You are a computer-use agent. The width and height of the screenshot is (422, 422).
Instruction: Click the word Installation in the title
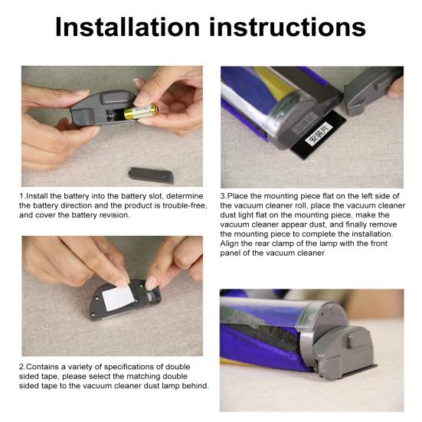pyautogui.click(x=127, y=27)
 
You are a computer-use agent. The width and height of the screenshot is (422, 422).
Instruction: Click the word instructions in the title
pyautogui.click(x=287, y=27)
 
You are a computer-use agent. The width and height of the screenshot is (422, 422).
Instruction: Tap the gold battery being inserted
pyautogui.click(x=141, y=111)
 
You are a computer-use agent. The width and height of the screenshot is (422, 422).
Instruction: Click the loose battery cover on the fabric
pyautogui.click(x=151, y=175)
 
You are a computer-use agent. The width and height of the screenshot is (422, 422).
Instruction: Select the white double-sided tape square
pyautogui.click(x=118, y=298)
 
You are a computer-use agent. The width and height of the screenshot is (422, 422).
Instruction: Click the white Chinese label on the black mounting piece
pyautogui.click(x=319, y=133)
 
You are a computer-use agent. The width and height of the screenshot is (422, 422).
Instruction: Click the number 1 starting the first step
pyautogui.click(x=21, y=196)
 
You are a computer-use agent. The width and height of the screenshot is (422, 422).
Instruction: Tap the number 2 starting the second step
pyautogui.click(x=21, y=367)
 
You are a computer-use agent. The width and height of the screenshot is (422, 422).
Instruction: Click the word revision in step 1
pyautogui.click(x=114, y=215)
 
